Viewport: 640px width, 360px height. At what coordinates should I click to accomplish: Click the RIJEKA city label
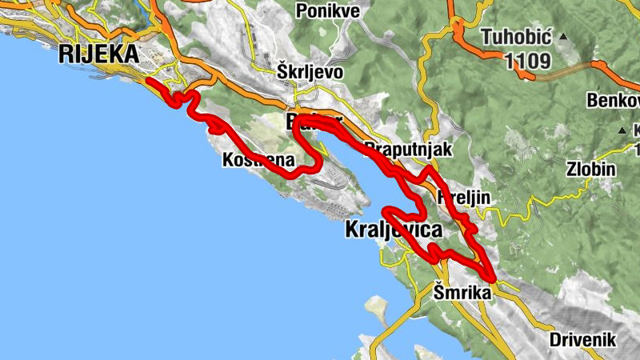click(98, 54)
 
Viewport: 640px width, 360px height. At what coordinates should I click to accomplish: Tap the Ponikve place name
click(327, 10)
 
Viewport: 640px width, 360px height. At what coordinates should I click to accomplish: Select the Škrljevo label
click(310, 72)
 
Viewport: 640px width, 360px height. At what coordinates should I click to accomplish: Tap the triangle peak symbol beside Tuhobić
click(563, 37)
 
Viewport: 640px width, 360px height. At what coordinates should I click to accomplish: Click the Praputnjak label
click(407, 149)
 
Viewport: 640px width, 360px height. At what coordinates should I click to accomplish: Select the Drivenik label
click(582, 339)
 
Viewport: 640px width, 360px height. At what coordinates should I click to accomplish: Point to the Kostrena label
click(257, 161)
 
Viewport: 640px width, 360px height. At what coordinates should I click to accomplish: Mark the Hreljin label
click(464, 197)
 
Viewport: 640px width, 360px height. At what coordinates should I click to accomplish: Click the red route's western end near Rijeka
click(149, 80)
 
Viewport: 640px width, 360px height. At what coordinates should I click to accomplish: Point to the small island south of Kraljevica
click(374, 306)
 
